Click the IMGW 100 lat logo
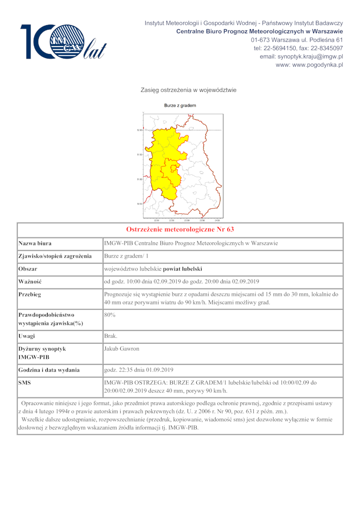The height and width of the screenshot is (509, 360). tap(63, 42)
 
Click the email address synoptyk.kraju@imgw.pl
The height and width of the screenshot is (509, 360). tap(301, 57)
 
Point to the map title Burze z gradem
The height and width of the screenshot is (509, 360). tap(180, 106)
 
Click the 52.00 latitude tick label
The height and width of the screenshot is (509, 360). tap(139, 130)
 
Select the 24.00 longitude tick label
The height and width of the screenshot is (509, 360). tap(217, 220)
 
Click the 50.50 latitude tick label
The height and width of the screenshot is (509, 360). tap(139, 204)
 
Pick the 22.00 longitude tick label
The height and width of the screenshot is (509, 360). tap(157, 220)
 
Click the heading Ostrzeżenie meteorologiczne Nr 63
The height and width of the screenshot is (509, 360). tap(180, 229)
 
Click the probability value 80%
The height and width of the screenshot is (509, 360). tap(110, 315)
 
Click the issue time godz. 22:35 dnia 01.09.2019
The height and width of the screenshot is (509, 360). tap(139, 370)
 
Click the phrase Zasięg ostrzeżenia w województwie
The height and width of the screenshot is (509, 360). tap(189, 90)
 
